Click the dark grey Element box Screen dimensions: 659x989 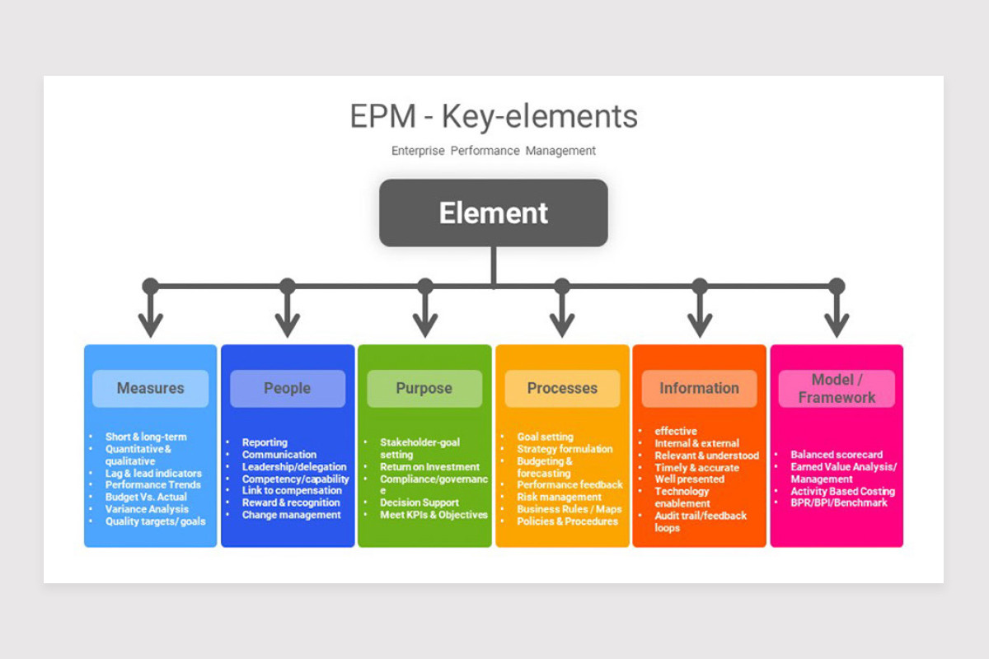click(x=493, y=213)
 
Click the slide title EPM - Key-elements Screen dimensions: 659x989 click(x=493, y=116)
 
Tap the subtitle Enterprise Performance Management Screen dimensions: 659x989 click(x=493, y=151)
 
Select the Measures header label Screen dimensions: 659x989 click(x=150, y=388)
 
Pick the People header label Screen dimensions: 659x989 click(x=287, y=388)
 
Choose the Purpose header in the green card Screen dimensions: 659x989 click(x=424, y=388)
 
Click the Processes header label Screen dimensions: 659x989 click(x=562, y=388)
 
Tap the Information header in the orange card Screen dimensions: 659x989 click(x=699, y=388)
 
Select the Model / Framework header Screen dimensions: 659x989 click(x=837, y=389)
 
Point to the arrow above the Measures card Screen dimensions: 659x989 click(x=150, y=317)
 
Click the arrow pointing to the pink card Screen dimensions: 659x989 click(x=837, y=317)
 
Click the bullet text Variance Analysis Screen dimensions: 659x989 click(x=147, y=509)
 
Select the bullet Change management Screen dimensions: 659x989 click(x=291, y=515)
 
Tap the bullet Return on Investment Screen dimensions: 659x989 click(x=429, y=467)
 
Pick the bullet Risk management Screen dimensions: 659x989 click(x=559, y=497)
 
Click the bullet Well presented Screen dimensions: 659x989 click(x=689, y=479)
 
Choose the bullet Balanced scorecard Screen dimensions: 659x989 click(x=837, y=455)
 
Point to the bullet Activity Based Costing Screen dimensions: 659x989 click(x=842, y=491)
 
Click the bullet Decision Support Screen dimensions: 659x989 click(x=419, y=502)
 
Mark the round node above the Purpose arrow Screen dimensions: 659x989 click(x=424, y=286)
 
